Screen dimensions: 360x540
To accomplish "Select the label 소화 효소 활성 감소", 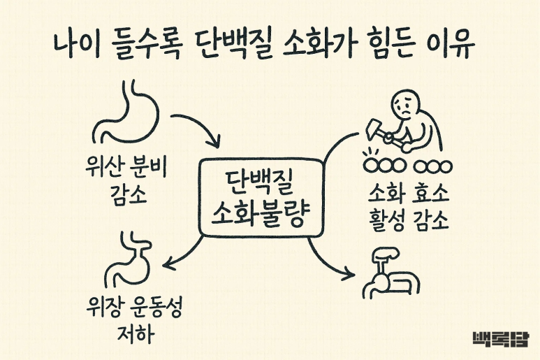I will [409, 207].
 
